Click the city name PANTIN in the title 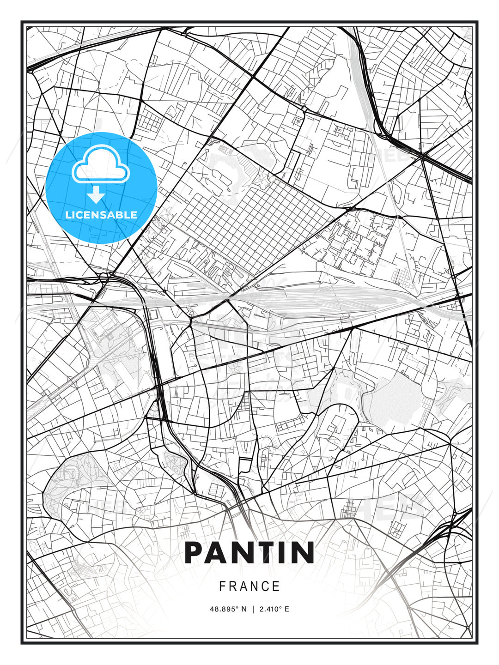point(249,553)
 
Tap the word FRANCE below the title point(249,586)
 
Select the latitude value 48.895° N point(228,609)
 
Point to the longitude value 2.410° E point(274,609)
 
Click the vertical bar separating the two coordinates point(253,609)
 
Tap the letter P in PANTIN point(195,553)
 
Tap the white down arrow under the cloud point(96,195)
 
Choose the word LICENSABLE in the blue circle point(101,215)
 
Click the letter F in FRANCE point(222,586)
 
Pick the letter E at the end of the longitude point(287,609)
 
